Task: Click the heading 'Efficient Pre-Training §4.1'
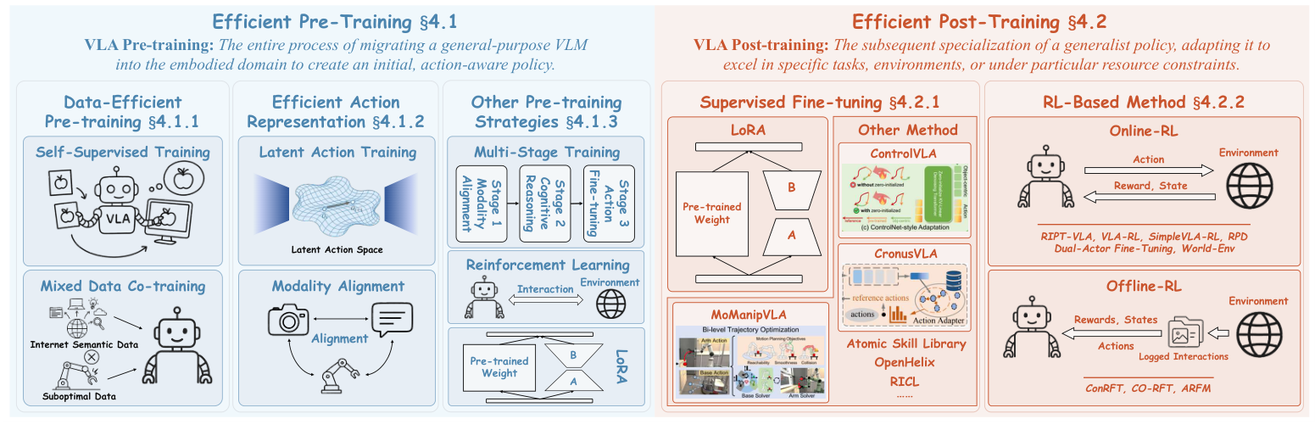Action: [326, 18]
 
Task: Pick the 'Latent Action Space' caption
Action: [337, 249]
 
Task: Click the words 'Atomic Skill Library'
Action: [906, 344]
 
